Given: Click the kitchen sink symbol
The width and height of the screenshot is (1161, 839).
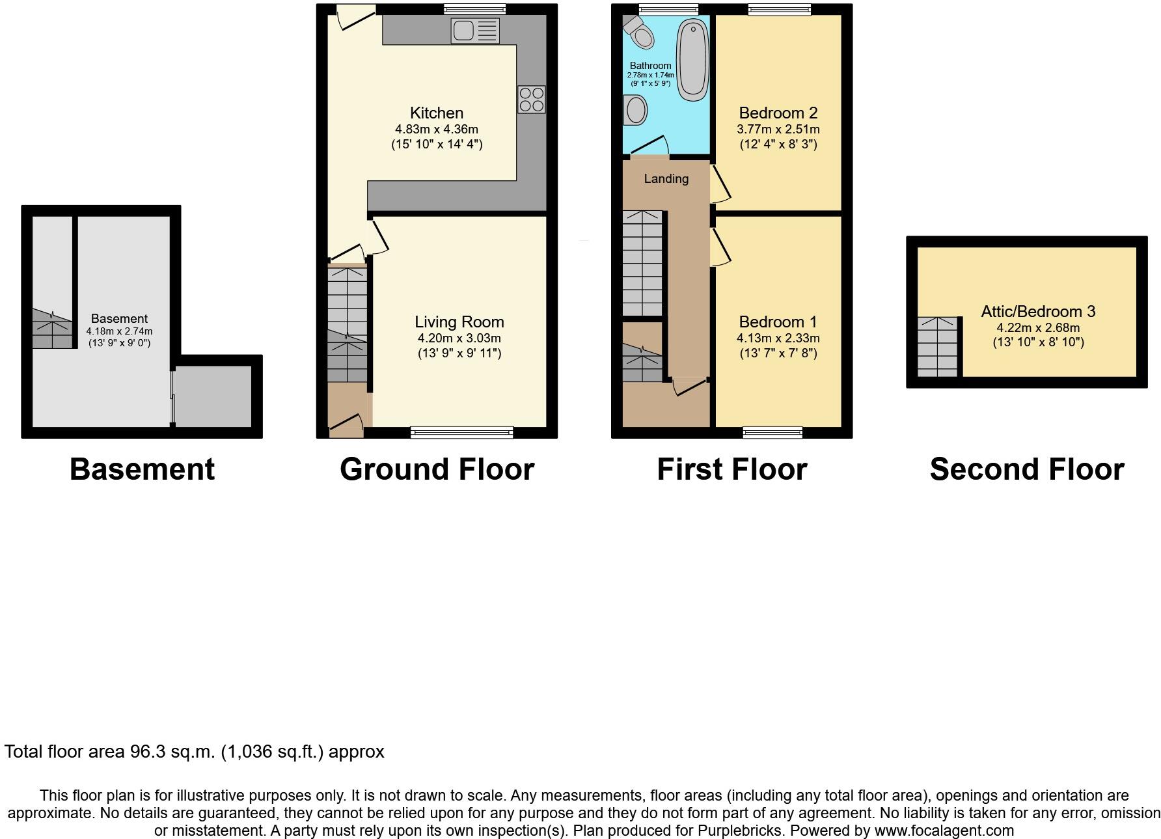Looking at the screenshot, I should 474,31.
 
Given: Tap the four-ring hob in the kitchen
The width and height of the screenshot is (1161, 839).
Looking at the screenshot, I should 532,100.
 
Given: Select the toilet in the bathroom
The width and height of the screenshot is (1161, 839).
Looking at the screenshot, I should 638,32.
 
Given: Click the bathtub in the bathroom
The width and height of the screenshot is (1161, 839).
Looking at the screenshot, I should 693,60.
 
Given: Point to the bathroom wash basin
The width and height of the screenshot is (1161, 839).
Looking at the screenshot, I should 635,110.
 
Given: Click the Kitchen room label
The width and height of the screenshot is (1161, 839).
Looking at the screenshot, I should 437,113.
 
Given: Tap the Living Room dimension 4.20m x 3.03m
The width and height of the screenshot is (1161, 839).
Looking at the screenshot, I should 459,338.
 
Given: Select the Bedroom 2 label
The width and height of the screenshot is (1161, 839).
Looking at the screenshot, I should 778,113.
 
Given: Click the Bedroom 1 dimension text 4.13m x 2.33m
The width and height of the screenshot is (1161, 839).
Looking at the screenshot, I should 778,338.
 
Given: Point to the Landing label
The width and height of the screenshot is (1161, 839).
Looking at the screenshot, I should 666,178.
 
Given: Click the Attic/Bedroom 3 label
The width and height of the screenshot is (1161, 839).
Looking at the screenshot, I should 1038,311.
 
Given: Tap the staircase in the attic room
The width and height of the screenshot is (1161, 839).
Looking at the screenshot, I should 938,346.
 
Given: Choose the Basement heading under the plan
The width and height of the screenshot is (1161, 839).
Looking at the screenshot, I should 142,469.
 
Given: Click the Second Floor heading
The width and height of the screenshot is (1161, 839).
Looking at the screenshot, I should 1026,469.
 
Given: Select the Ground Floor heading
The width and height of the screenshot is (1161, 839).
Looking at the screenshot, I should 437,469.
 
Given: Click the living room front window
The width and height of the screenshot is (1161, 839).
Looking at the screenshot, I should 461,432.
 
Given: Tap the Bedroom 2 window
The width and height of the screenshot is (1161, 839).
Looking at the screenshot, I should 779,9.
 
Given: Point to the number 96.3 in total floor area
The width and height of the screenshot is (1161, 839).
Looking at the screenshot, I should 145,752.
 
